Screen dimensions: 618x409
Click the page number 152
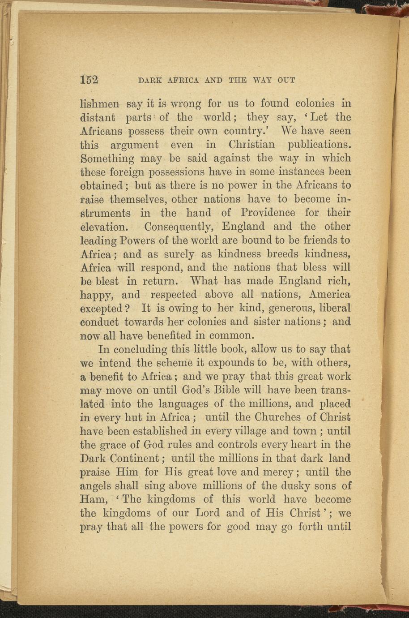pyautogui.click(x=89, y=80)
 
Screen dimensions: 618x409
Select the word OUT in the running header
pyautogui.click(x=286, y=81)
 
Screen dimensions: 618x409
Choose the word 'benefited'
pyautogui.click(x=154, y=336)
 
